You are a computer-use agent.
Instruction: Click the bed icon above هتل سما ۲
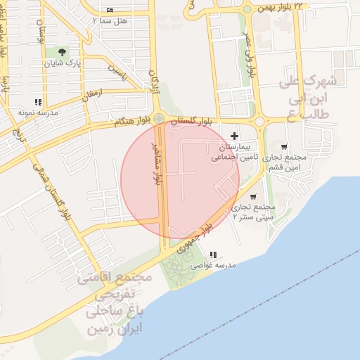109,11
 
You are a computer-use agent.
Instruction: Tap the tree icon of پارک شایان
64,53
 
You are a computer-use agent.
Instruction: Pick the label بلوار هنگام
134,122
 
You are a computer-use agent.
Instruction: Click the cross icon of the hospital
234,135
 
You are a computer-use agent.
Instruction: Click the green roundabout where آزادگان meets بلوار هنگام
160,119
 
